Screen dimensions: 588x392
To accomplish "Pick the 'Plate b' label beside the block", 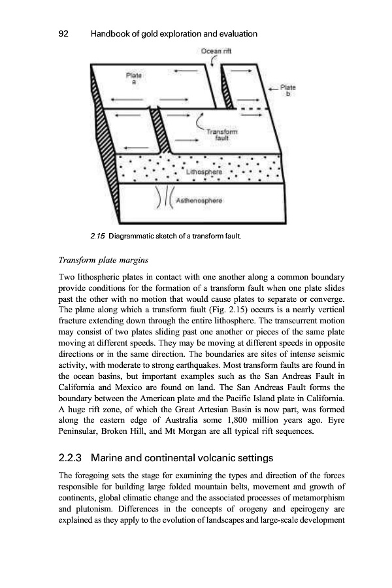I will [288, 90].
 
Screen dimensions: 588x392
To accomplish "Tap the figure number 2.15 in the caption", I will [99, 235].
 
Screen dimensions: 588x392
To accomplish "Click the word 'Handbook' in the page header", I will [111, 33].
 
